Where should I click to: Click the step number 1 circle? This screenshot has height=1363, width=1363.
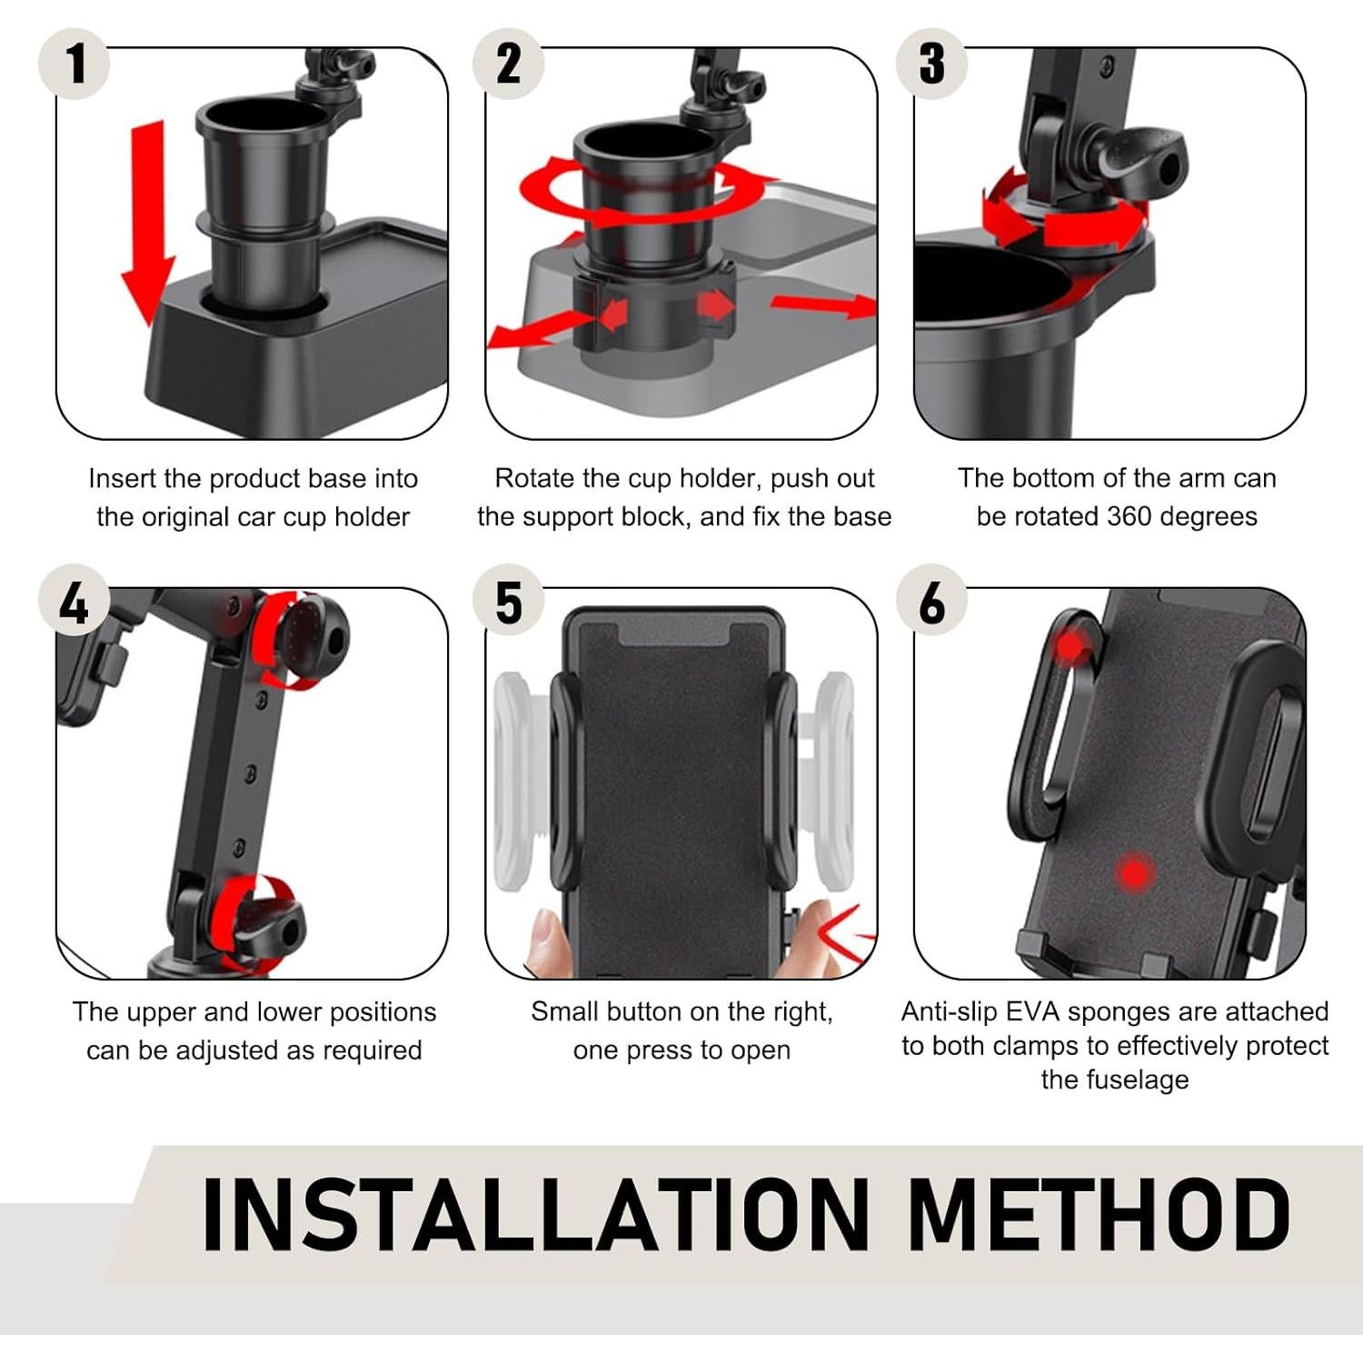coord(74,65)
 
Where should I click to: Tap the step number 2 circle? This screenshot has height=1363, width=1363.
coord(508,65)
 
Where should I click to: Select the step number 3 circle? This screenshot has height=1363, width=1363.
coord(931,65)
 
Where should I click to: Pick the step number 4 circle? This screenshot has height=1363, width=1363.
coord(74,603)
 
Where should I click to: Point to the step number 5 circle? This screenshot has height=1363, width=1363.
coord(508,603)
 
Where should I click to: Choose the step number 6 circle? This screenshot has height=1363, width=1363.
coord(931,603)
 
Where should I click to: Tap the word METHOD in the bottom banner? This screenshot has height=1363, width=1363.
coord(1099,1214)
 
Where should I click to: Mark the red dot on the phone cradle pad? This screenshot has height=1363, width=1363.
coord(1133,875)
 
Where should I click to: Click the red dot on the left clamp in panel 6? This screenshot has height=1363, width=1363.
coord(1072,646)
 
